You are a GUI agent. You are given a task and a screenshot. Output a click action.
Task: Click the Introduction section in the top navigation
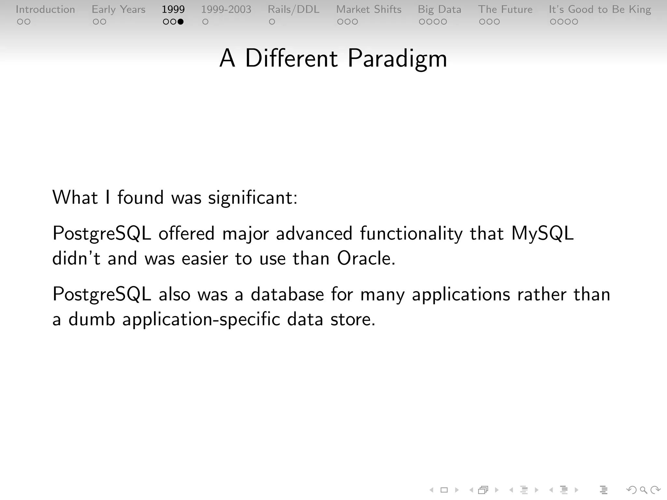pos(45,9)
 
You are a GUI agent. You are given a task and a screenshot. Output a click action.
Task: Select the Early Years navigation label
pos(119,9)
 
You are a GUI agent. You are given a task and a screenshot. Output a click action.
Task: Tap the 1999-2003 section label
pos(226,9)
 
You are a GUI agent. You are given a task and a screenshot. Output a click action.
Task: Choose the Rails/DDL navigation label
pos(293,9)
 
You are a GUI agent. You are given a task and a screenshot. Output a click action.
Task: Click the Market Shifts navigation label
pos(369,9)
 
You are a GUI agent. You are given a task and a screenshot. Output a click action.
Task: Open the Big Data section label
pos(440,9)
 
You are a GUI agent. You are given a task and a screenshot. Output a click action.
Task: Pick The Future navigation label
pos(505,9)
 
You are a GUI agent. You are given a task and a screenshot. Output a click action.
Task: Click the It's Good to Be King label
pos(600,9)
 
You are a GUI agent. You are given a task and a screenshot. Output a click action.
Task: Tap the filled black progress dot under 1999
pos(180,22)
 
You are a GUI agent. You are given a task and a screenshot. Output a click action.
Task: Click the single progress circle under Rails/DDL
pos(272,22)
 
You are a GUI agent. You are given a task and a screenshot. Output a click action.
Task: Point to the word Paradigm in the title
pos(397,59)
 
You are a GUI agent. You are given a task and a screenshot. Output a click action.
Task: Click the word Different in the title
pos(291,58)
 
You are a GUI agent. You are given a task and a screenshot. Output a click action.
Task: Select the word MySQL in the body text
pos(542,234)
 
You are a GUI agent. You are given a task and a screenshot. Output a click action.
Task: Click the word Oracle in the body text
pos(366,258)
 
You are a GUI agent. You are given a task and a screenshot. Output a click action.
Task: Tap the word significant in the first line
pos(252,198)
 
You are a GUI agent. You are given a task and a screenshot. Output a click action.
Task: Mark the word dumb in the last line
pos(92,319)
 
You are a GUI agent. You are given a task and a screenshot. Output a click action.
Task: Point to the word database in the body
pos(287,294)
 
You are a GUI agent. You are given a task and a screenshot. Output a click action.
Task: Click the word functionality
pos(411,234)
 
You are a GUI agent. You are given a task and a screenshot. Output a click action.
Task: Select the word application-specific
pos(201,319)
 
